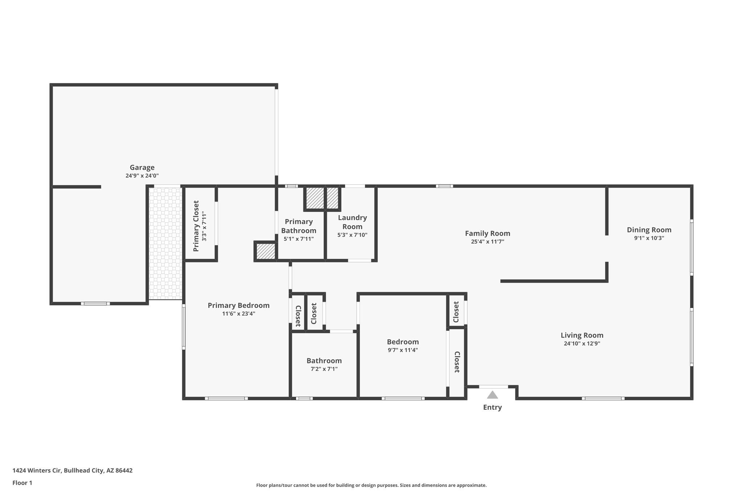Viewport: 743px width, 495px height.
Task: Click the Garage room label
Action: coord(142,168)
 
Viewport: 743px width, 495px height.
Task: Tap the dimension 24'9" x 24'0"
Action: coord(142,176)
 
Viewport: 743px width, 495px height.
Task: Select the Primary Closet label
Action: coord(196,226)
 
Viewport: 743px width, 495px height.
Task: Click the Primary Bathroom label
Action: coord(299,226)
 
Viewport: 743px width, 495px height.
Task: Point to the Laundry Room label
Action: coord(352,222)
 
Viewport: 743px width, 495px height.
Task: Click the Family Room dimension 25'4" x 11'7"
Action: coord(487,242)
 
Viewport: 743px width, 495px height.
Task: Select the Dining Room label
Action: coord(649,230)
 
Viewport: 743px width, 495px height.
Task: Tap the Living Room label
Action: coord(582,335)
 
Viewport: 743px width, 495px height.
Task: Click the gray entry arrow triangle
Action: coord(492,395)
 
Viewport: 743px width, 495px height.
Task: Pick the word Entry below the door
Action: coord(492,407)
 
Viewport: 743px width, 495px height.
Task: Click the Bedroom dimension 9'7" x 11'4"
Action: coord(403,350)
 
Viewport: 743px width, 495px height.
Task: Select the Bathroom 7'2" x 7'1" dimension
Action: coord(324,369)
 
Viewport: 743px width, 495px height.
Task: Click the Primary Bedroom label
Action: coord(238,305)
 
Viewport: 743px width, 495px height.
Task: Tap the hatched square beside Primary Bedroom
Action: coord(266,251)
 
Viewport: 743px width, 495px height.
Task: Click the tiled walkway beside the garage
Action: coord(165,243)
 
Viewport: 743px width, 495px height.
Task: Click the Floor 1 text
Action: coord(22,483)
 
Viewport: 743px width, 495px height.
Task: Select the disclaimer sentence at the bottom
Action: coord(371,485)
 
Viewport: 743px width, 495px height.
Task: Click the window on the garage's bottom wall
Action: coord(95,304)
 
